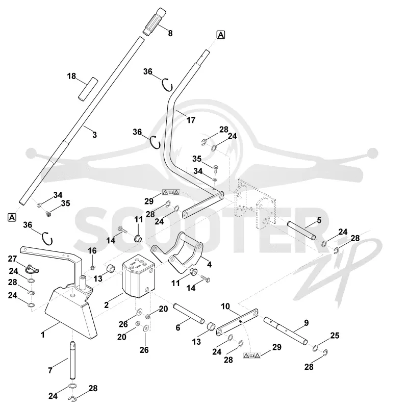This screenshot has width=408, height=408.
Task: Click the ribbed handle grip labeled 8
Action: point(155,22)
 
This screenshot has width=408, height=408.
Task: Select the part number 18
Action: point(71,76)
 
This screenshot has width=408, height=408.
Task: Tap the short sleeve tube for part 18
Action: point(88,88)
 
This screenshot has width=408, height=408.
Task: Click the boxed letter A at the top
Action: point(221,35)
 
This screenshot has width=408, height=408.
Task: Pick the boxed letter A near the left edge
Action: point(12,217)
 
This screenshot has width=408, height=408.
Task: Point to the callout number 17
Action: point(191,120)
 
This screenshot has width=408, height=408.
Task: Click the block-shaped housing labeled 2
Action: point(138,276)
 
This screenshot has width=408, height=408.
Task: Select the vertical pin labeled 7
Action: point(73,360)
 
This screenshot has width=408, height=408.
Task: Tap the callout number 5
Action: point(319,220)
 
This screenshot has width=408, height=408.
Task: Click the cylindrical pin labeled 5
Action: point(301,231)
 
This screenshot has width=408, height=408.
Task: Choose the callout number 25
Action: point(335,336)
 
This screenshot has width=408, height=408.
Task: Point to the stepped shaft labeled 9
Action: point(286,330)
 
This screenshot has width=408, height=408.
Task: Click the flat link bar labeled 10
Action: point(237,322)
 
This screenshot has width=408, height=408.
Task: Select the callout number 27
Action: point(12,259)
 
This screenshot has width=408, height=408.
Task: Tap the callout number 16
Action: point(92,250)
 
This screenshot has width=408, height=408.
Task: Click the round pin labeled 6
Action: point(189,314)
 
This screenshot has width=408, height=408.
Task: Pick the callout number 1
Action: point(43,335)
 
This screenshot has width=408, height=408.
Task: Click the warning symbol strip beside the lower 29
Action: point(252,355)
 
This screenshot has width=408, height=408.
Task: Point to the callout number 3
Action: point(95,135)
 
